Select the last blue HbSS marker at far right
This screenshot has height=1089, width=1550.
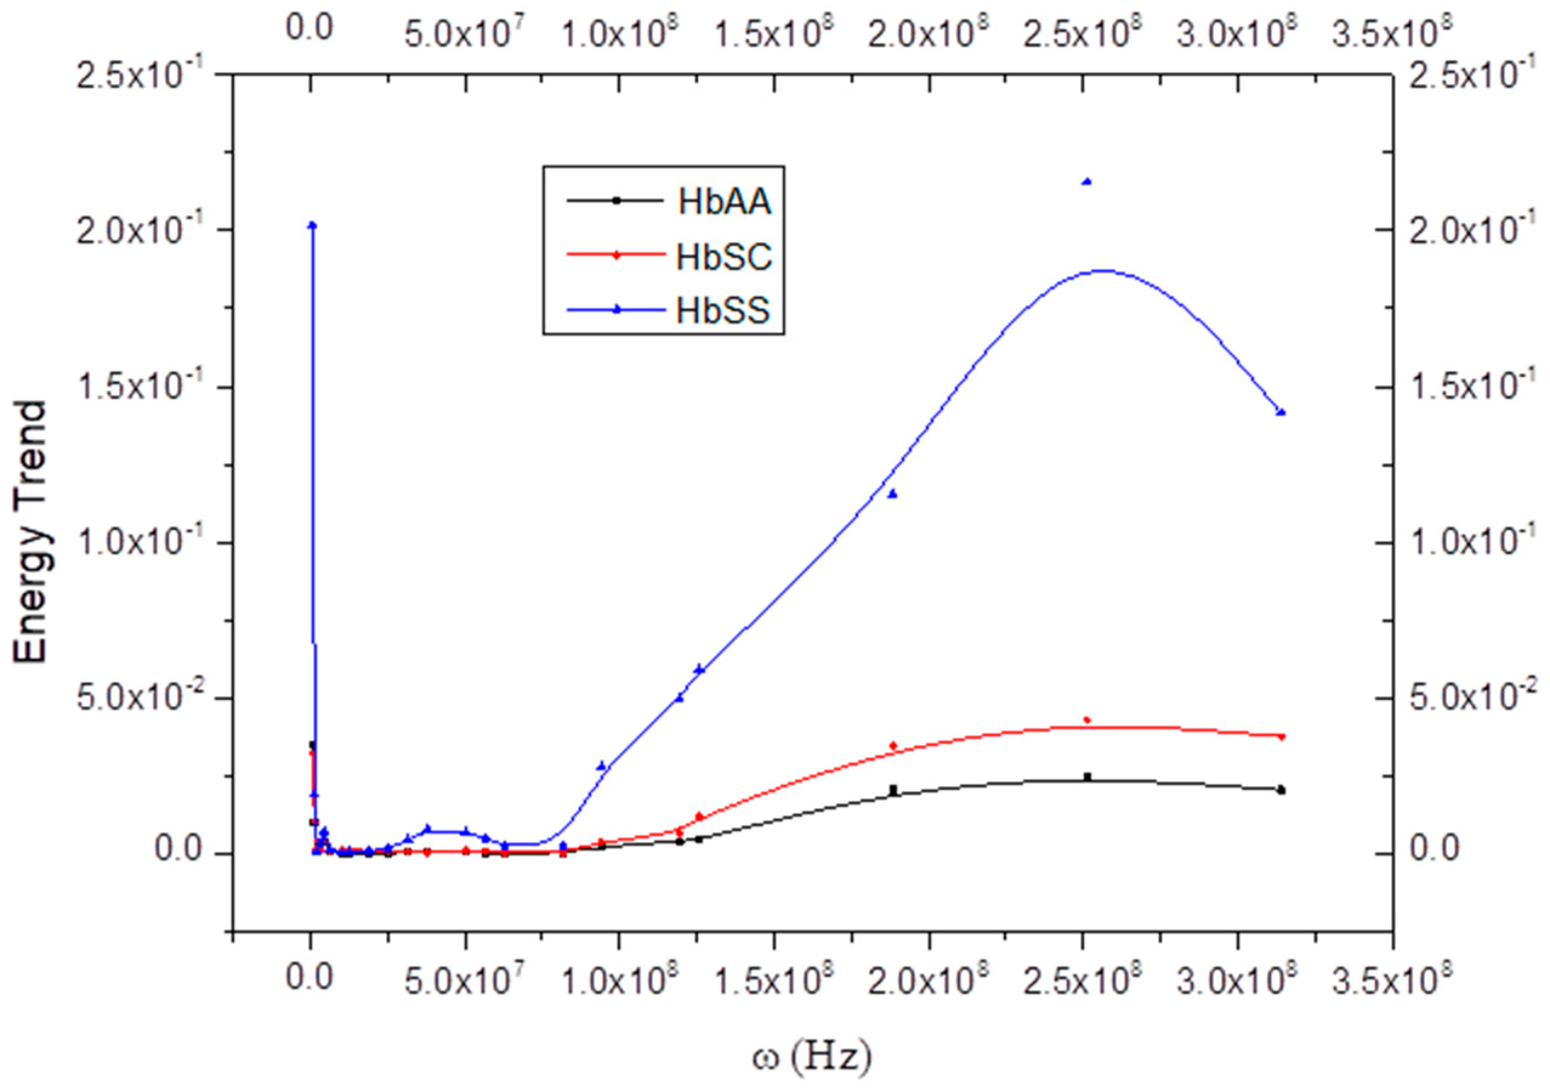1281,412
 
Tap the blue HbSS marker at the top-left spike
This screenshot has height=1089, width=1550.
312,225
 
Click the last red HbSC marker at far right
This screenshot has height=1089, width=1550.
1281,736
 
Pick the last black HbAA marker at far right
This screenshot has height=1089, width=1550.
1281,790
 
